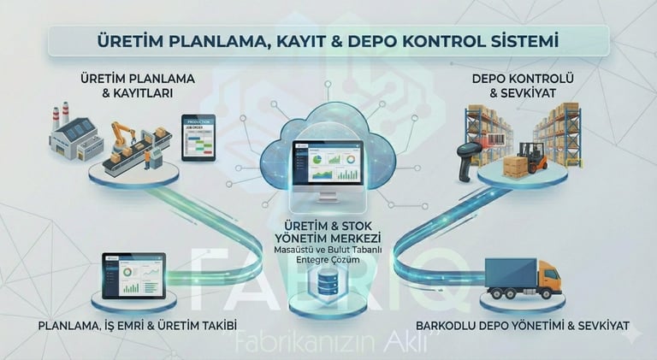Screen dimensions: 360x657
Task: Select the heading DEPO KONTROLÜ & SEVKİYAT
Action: pyautogui.click(x=511, y=86)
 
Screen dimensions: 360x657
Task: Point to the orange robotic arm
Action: pyautogui.click(x=123, y=135)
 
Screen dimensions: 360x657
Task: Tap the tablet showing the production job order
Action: pyautogui.click(x=198, y=137)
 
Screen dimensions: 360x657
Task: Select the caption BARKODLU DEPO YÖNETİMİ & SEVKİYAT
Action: pyautogui.click(x=522, y=326)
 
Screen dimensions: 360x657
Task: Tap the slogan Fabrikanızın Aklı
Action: pyautogui.click(x=328, y=340)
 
